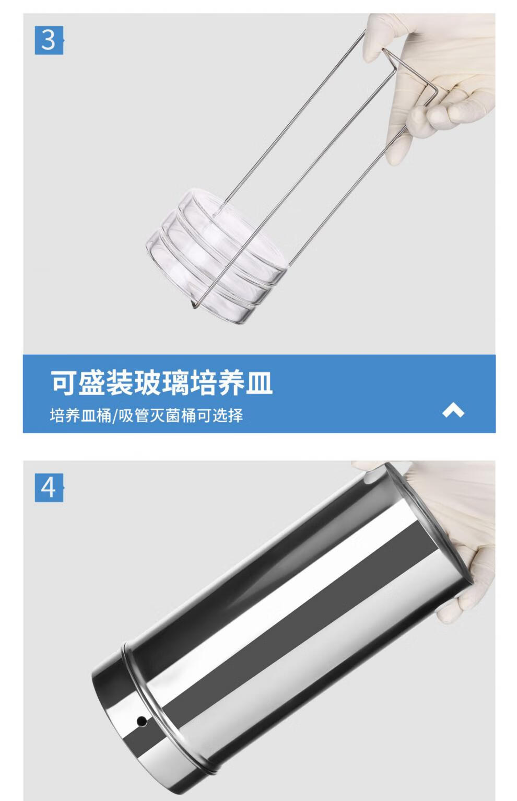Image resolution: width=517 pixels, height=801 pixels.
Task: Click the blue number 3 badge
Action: coord(49,40)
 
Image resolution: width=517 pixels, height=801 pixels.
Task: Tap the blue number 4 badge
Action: coord(49,487)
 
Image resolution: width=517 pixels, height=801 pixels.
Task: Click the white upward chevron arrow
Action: coord(453,410)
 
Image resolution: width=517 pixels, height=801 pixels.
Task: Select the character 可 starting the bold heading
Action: coord(64,382)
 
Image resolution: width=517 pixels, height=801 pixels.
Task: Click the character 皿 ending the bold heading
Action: coord(260,382)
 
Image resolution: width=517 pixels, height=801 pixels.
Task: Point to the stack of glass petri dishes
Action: coord(217,256)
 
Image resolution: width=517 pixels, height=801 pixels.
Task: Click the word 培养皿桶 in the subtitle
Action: coord(81,416)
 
